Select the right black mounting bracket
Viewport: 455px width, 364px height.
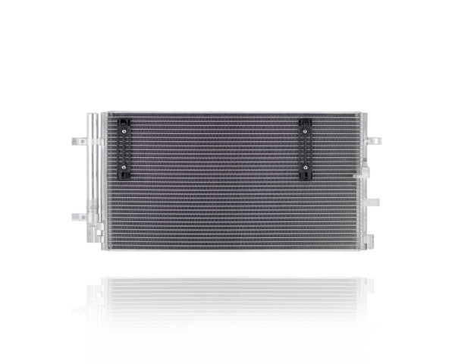click(304, 149)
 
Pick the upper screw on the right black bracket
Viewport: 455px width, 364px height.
click(304, 131)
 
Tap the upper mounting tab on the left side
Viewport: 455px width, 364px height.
click(79, 141)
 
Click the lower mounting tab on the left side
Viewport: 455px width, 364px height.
click(78, 217)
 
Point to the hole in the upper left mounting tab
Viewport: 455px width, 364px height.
click(77, 141)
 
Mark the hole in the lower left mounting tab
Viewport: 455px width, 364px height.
click(77, 217)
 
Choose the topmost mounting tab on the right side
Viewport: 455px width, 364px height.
click(373, 141)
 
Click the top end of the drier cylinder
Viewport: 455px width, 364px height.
click(92, 116)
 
